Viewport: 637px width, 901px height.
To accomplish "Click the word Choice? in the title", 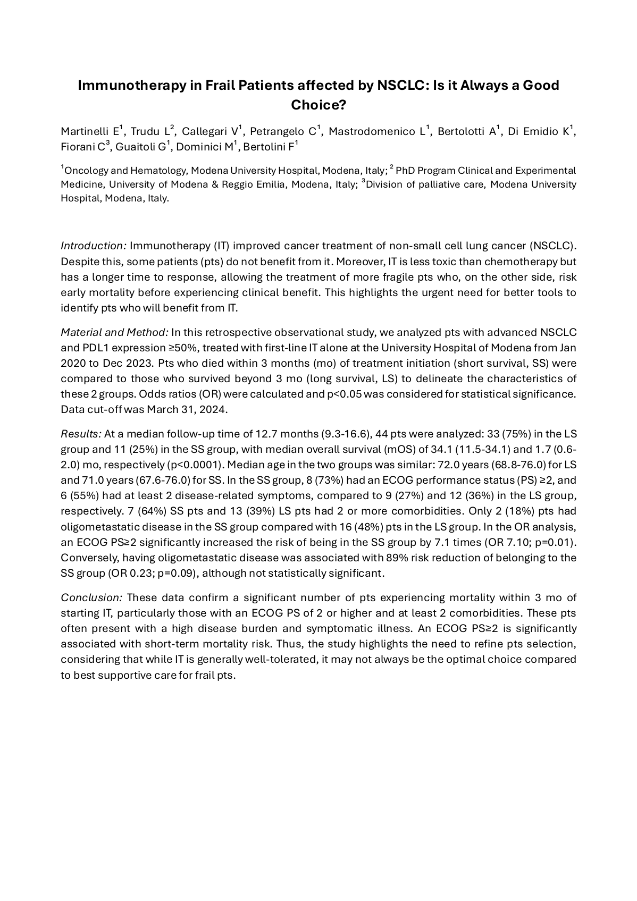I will pyautogui.click(x=318, y=105).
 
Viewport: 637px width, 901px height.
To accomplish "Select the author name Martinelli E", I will pyautogui.click(x=90, y=131).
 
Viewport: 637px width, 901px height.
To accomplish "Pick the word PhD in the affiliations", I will pyautogui.click(x=406, y=171).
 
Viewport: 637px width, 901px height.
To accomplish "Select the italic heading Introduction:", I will pyautogui.click(x=94, y=246).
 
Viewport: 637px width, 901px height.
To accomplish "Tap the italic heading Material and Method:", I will pyautogui.click(x=114, y=332).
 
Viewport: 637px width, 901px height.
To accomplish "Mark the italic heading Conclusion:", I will pyautogui.click(x=91, y=597).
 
